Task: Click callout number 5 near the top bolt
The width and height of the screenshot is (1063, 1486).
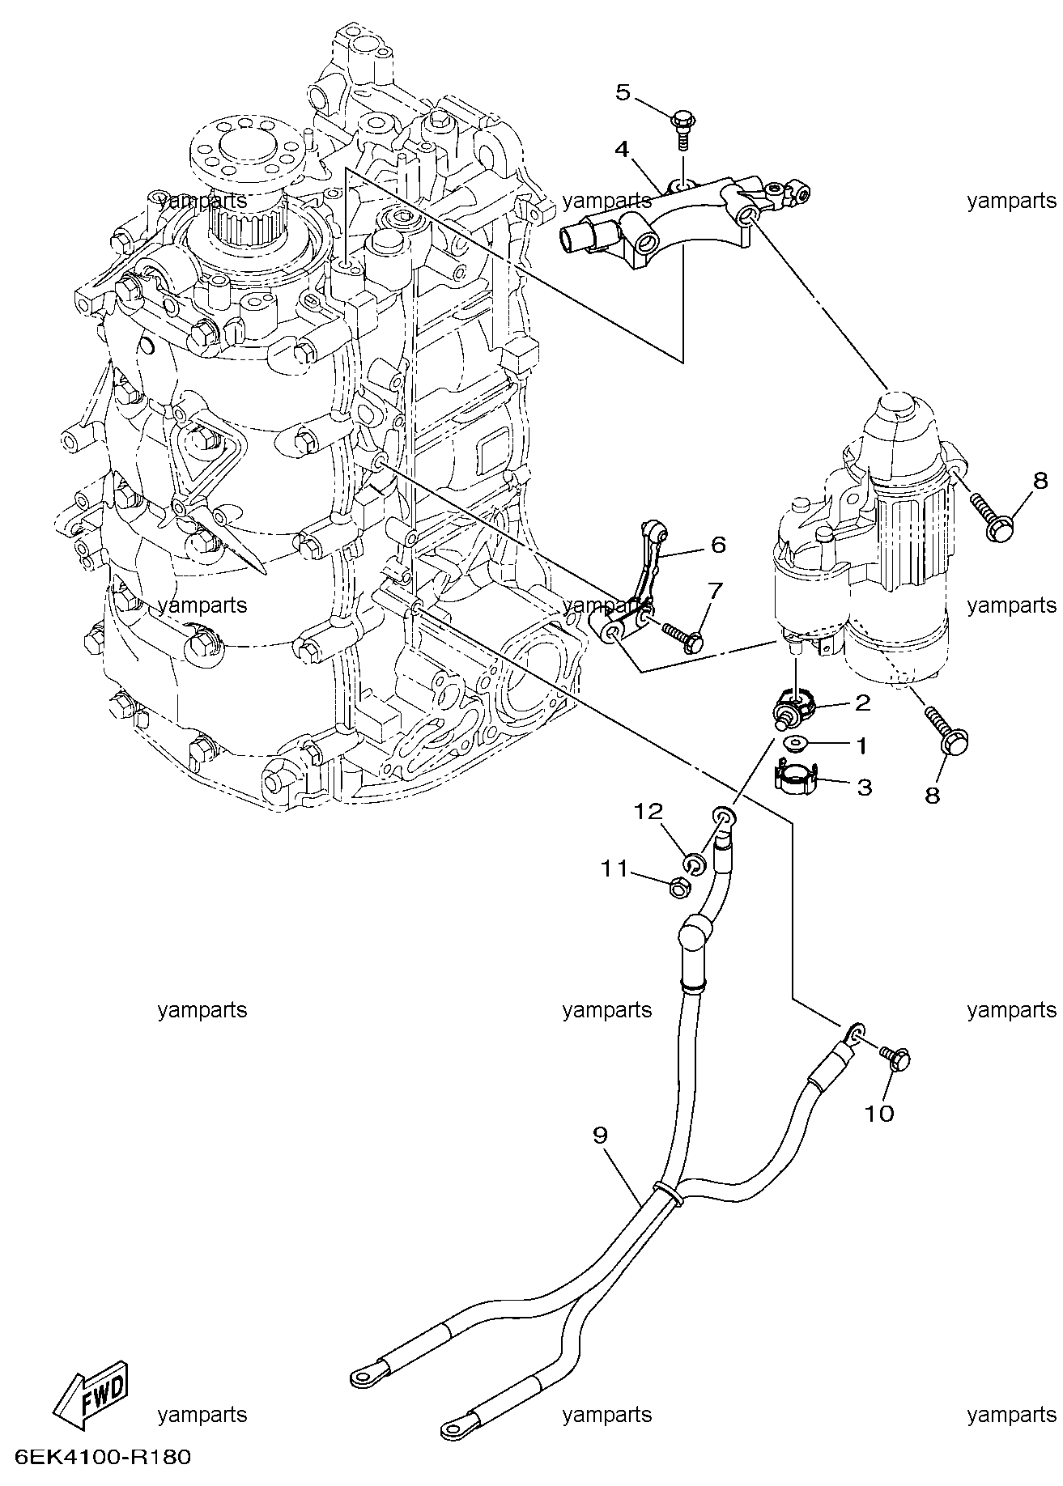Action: coord(622,92)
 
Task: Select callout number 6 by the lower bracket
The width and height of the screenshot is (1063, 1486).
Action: coord(718,544)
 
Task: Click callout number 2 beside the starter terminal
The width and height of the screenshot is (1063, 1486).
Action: coord(862,703)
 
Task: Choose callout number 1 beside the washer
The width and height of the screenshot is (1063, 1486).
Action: coord(861,745)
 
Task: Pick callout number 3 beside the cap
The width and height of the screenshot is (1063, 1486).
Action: coord(864,787)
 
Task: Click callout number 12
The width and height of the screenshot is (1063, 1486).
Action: coord(648,812)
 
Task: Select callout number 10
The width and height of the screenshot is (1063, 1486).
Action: coord(879,1114)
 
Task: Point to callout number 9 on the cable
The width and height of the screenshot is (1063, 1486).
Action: coord(600,1136)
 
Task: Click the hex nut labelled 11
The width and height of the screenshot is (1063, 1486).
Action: coord(679,888)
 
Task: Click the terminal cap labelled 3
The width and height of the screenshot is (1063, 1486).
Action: coord(794,779)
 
